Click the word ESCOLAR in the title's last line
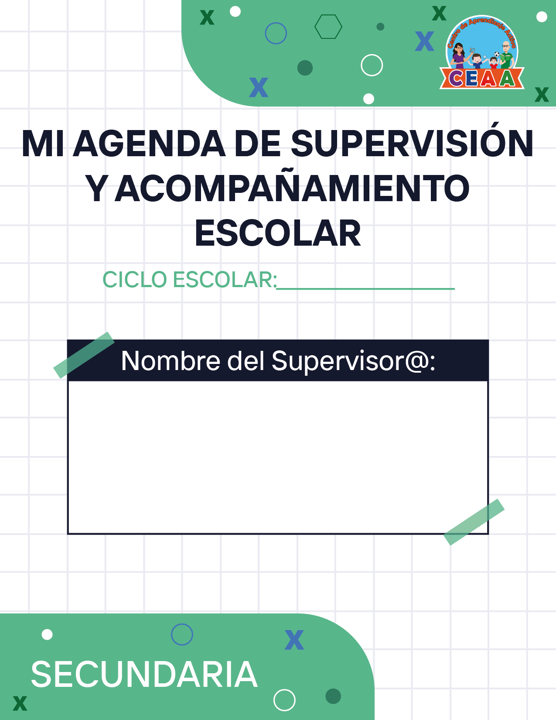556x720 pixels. pos(278,233)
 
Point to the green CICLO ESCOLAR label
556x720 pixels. pos(190,280)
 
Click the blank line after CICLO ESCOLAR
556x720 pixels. pos(365,289)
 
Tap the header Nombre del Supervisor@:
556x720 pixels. pos(278,361)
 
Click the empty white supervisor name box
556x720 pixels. pos(278,457)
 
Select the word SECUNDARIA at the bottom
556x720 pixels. pos(144,675)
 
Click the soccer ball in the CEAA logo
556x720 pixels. pos(497,54)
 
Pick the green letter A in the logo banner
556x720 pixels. pos(507,79)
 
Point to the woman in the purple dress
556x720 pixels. pos(458,56)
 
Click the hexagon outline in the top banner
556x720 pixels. pos(328,27)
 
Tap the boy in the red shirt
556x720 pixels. pos(493,62)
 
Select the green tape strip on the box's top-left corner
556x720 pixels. pos(84,355)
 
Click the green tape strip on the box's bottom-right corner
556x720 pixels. pos(474,522)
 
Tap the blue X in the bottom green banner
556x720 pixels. pos(294,640)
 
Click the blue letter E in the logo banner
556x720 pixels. pos(472,79)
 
